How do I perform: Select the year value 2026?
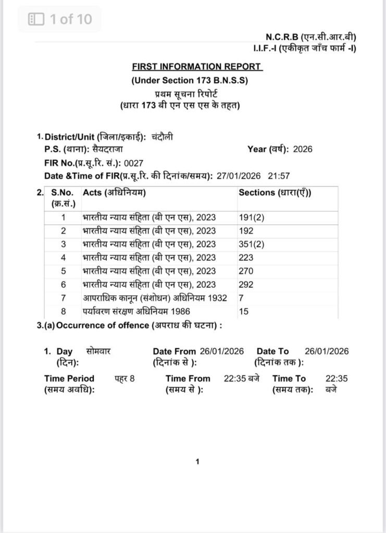[303, 149]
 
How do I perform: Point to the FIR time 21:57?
[279, 176]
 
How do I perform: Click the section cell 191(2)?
[252, 217]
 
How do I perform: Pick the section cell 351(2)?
[252, 244]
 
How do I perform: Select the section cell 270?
[246, 271]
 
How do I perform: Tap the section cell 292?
[246, 285]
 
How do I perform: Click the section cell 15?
[243, 312]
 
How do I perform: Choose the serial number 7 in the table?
[64, 298]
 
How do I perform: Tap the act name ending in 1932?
[155, 298]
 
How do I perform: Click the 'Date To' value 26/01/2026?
[327, 351]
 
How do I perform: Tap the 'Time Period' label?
[69, 378]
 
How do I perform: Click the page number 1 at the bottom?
[197, 461]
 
